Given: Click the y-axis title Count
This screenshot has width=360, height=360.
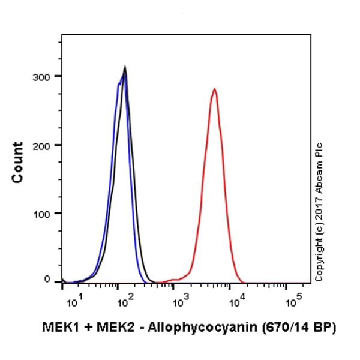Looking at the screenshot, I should [17, 162].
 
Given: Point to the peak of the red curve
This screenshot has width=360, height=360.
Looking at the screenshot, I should [214, 89].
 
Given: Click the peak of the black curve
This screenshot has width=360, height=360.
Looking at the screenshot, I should [125, 67].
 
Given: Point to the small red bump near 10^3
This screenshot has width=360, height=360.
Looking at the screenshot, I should [175, 279].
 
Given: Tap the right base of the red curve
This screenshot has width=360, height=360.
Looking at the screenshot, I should [241, 281].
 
